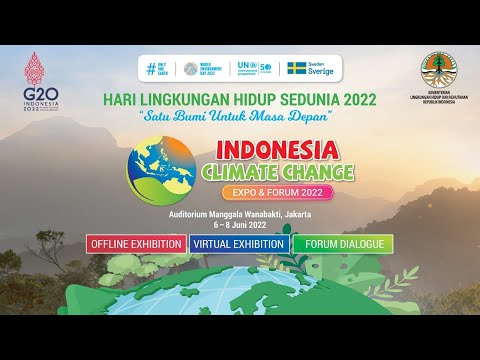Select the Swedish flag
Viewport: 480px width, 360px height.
click(x=297, y=69)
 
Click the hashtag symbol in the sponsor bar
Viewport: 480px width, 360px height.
click(x=152, y=69)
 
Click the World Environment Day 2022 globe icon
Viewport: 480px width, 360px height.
click(x=192, y=69)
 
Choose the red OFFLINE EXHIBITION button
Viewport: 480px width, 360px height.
click(x=136, y=243)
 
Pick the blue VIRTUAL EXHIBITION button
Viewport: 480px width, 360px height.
click(x=239, y=243)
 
